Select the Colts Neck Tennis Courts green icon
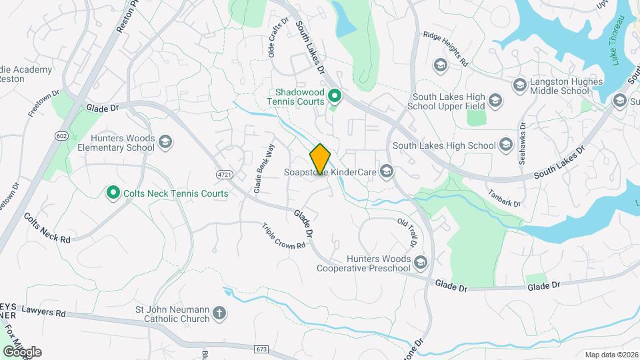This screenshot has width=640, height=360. point(113,193)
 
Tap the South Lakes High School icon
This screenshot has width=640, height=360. point(507,145)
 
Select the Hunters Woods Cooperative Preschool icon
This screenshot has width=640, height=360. point(420,263)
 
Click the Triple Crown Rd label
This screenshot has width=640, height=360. point(283,236)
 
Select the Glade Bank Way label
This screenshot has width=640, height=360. point(263,169)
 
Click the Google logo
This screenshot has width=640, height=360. point(22,351)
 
